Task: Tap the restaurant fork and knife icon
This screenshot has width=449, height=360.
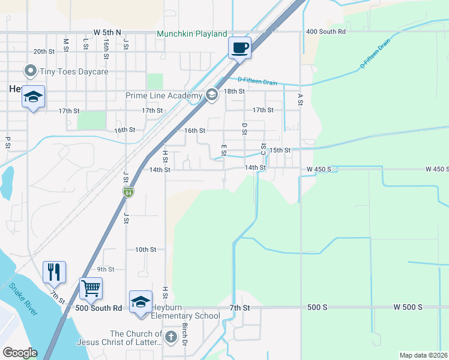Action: [x=54, y=272]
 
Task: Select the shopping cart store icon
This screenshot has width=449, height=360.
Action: [x=91, y=288]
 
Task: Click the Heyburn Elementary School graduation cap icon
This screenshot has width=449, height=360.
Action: [x=140, y=301]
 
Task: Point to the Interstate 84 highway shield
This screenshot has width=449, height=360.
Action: [x=128, y=193]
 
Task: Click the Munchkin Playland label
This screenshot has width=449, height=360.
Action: [x=192, y=34]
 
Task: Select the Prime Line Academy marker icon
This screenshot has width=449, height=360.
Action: [x=211, y=95]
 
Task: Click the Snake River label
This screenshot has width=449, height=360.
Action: [x=23, y=298]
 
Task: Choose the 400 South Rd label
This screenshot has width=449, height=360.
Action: [x=325, y=31]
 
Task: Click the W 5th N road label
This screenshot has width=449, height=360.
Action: [x=107, y=32]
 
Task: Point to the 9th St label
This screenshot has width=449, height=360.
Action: [x=106, y=269]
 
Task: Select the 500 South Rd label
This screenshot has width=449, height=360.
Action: [x=99, y=308]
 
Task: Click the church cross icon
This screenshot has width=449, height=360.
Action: [x=170, y=337]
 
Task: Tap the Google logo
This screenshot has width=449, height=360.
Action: [x=20, y=352]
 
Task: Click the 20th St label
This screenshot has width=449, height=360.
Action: [x=44, y=52]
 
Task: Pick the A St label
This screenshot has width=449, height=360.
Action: [x=300, y=99]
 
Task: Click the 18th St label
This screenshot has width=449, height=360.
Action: [x=234, y=91]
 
